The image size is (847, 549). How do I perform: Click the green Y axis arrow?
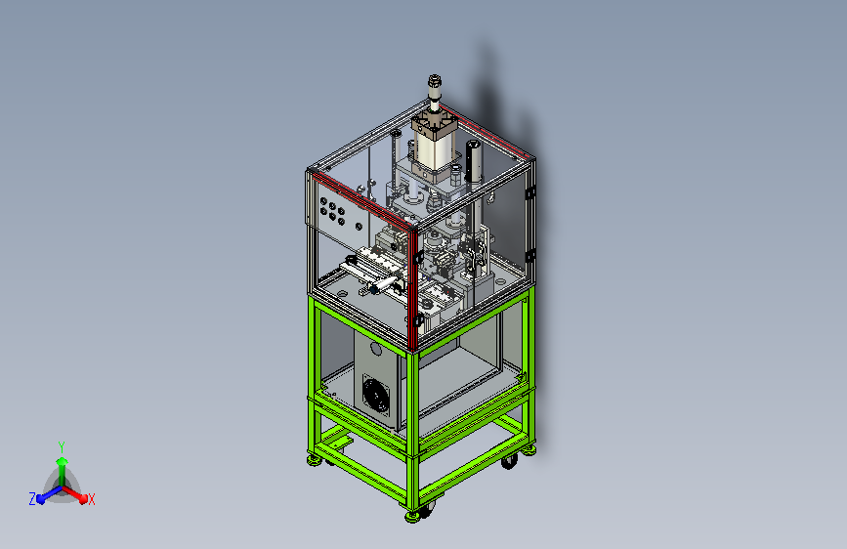(x=63, y=470)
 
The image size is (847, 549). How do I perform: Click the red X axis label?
(x=91, y=499)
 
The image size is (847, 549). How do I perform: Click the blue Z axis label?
(x=32, y=499)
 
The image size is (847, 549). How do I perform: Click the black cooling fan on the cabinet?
(x=375, y=395)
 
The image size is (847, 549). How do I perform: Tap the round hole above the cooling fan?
(x=375, y=350)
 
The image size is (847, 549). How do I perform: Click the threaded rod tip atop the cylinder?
(x=435, y=81)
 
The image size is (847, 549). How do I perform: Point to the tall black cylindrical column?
(x=474, y=161)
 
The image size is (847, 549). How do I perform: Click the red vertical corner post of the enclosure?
(x=414, y=289)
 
